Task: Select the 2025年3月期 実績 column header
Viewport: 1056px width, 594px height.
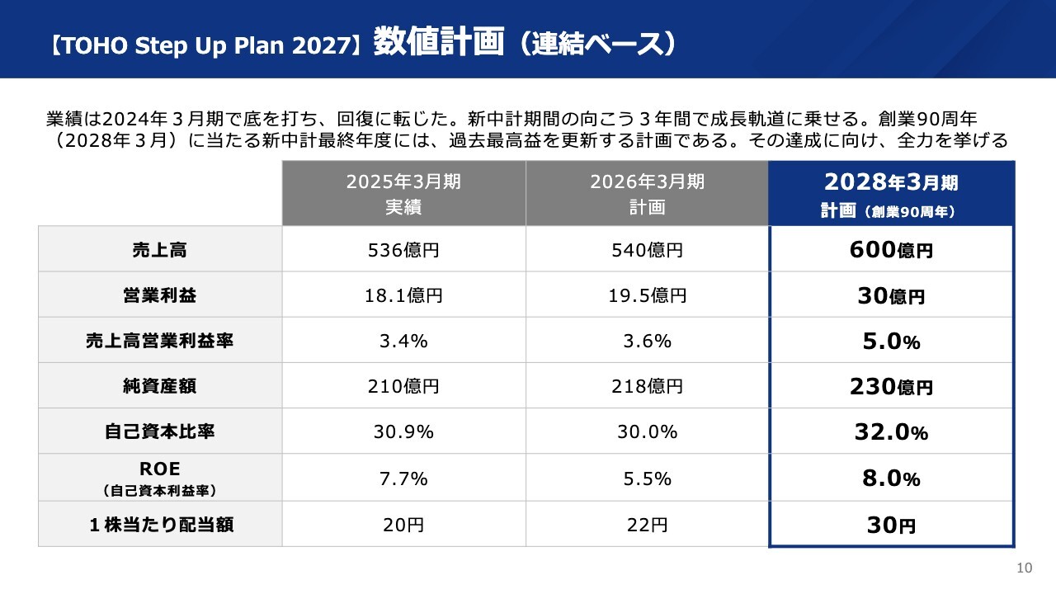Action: [x=403, y=194]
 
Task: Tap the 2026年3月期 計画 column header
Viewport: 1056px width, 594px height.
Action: [x=647, y=194]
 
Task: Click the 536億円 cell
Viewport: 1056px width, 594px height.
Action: [x=403, y=249]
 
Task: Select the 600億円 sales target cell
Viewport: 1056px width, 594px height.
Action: [x=891, y=249]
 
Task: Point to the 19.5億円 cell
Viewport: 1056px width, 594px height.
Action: [x=647, y=295]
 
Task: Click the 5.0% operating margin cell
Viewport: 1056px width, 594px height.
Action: [x=891, y=341]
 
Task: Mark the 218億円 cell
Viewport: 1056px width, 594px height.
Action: [x=647, y=385]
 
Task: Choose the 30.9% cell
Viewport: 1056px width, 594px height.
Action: [x=403, y=431]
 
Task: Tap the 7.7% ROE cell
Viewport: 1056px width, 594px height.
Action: [x=403, y=478]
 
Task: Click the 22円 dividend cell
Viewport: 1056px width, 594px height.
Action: [x=647, y=525]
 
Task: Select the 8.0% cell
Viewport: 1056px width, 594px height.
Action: [x=891, y=478]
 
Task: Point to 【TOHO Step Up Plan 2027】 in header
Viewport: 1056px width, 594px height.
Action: [x=205, y=45]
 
